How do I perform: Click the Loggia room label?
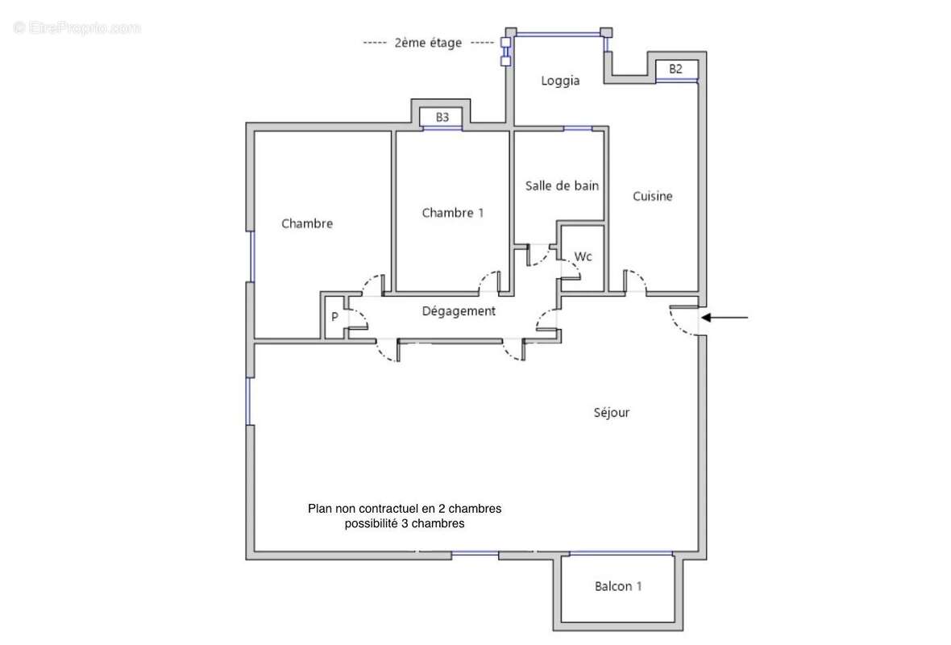(x=560, y=81)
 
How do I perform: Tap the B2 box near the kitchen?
(x=675, y=69)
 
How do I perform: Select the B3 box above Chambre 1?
(x=442, y=118)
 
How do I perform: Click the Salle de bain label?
(x=562, y=185)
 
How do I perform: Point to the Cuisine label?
(x=652, y=196)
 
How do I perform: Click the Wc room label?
(x=583, y=256)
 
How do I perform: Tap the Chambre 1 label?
(x=453, y=213)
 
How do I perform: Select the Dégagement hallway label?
(x=459, y=311)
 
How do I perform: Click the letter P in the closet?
(x=334, y=317)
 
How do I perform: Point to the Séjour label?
(x=611, y=413)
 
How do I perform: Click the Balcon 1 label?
(x=618, y=586)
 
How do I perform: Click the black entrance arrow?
(x=725, y=318)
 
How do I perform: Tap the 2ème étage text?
(x=428, y=43)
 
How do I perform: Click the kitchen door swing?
(x=636, y=281)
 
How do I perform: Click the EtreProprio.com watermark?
(x=77, y=27)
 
